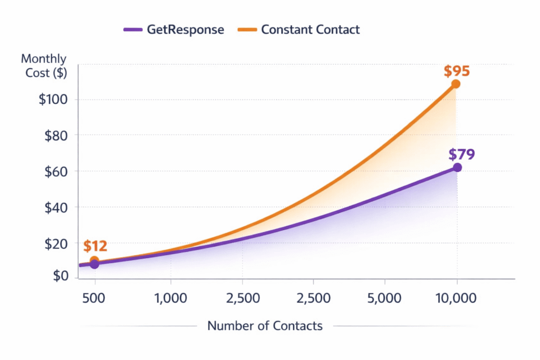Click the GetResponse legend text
(185, 30)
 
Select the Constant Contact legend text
(310, 30)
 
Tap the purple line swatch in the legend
(133, 30)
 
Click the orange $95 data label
(457, 71)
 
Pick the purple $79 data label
(462, 154)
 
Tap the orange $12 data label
(95, 246)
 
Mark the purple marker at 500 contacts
(94, 264)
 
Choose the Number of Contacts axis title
(265, 326)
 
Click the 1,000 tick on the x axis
(171, 298)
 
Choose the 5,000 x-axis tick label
(384, 298)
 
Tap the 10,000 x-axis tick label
(457, 298)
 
